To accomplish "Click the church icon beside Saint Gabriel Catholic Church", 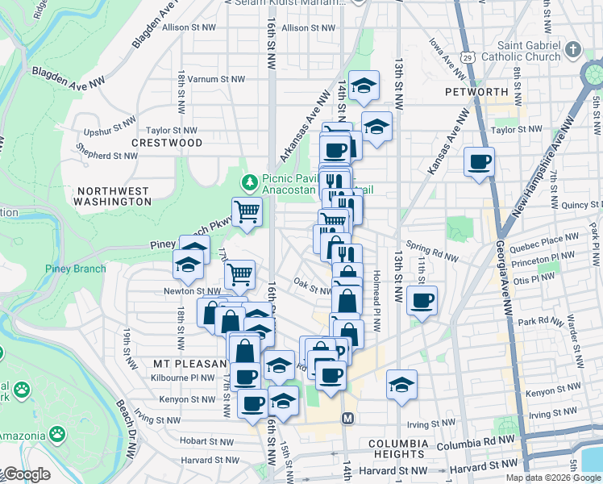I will [x=573, y=50].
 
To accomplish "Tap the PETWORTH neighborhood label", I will [x=476, y=92].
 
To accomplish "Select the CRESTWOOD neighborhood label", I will [x=167, y=143].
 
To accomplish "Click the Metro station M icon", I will [x=348, y=418].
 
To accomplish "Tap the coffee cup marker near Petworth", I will [x=480, y=162].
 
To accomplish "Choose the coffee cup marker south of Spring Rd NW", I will [x=422, y=301].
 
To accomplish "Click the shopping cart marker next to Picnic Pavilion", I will [x=247, y=212].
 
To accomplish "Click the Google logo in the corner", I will [x=26, y=474].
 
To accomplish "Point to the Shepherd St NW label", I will [x=107, y=156].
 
